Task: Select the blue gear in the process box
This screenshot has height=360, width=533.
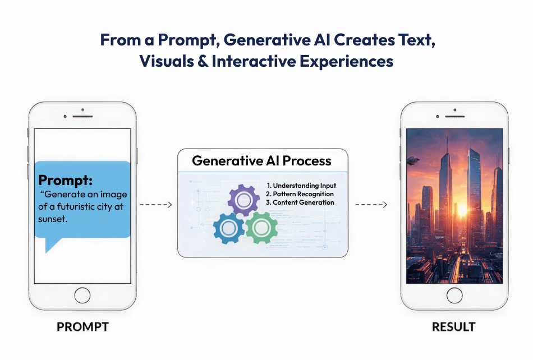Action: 229,228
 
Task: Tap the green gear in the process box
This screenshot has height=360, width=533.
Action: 261,227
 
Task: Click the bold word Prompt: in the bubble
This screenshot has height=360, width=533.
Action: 65,181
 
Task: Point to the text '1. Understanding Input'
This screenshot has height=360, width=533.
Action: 301,186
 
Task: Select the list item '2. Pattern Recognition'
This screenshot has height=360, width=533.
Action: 300,194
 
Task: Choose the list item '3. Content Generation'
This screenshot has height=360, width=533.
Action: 300,202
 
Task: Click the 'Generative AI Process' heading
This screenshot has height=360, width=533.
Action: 261,161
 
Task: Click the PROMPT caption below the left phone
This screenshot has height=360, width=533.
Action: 82,327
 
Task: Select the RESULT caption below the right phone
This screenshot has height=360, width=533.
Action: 454,327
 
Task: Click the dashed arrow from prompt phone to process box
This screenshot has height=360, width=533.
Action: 155,205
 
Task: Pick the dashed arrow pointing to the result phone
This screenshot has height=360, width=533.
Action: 370,205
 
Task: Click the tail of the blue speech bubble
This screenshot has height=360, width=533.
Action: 52,244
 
